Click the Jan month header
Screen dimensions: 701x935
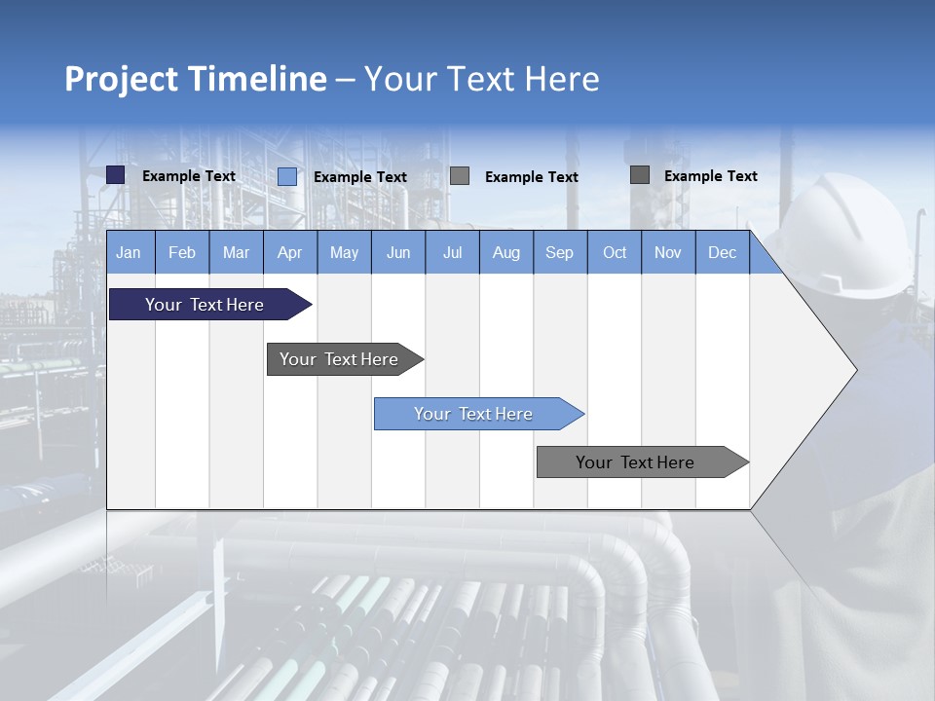[129, 252]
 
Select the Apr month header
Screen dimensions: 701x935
[289, 252]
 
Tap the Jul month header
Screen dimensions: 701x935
[452, 252]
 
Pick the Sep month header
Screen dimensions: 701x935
[559, 252]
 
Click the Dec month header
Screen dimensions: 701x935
[722, 252]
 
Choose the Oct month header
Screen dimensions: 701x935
[615, 252]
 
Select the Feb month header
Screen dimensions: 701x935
[182, 252]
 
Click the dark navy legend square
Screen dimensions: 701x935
[116, 175]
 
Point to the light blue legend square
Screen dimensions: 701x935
[287, 176]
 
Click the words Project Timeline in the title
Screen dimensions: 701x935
[195, 79]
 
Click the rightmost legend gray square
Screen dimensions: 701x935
[640, 175]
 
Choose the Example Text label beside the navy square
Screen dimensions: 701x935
[189, 176]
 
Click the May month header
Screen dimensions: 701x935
[344, 252]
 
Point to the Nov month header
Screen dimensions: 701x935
[668, 252]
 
